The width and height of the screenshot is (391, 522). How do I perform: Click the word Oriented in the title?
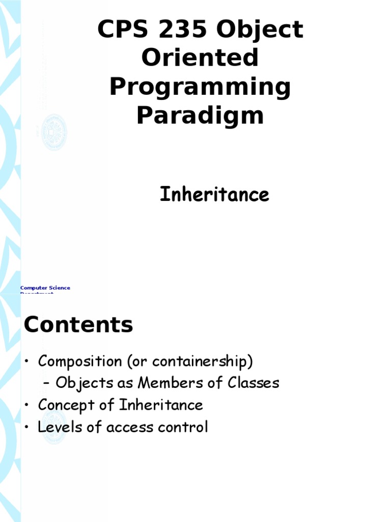click(x=200, y=58)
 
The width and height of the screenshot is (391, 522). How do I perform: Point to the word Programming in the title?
click(x=200, y=88)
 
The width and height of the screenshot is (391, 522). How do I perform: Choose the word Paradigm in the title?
click(x=200, y=116)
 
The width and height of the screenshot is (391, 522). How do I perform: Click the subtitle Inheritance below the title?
click(x=214, y=195)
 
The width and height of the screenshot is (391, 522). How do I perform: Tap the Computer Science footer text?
click(x=45, y=288)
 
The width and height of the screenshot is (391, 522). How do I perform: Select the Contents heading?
click(x=78, y=325)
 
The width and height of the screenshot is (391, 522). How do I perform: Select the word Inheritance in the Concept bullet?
click(x=161, y=405)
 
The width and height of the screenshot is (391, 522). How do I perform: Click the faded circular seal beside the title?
click(x=54, y=132)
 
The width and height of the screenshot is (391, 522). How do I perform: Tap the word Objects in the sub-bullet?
click(x=85, y=383)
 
